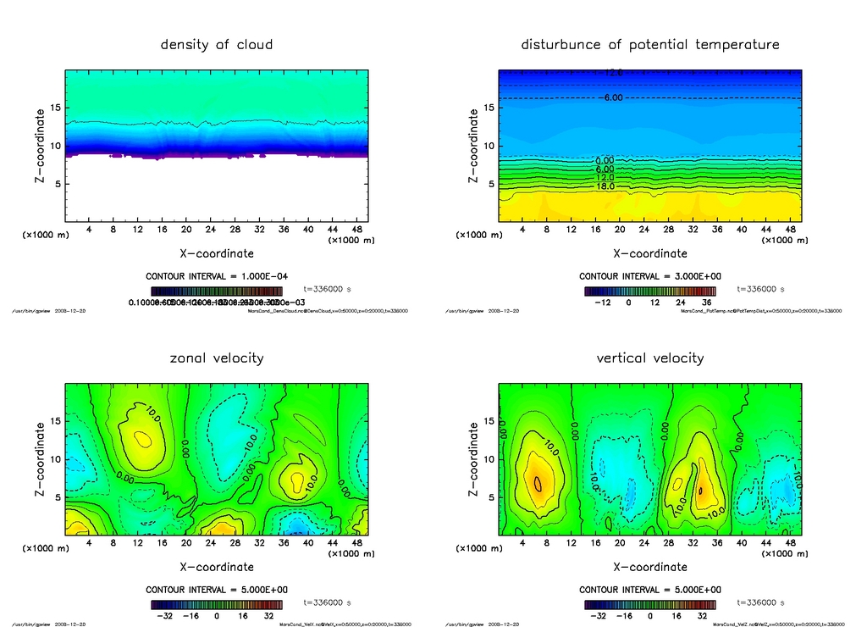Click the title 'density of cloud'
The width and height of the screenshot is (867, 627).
[x=217, y=44]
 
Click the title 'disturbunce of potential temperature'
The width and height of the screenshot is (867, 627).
[x=650, y=44]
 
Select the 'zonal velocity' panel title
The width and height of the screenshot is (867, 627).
[x=217, y=358]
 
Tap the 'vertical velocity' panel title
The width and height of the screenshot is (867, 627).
[x=650, y=358]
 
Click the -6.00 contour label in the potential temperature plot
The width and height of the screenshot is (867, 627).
[x=611, y=97]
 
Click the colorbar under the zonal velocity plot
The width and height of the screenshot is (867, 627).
[x=217, y=605]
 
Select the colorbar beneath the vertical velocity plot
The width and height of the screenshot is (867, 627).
[x=650, y=605]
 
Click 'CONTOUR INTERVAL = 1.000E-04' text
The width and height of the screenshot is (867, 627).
[x=217, y=276]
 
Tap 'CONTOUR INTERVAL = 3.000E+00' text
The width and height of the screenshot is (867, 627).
[x=650, y=276]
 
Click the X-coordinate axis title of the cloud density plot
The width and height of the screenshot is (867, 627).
[x=217, y=252]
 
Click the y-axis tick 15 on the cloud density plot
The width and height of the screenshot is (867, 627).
[x=56, y=108]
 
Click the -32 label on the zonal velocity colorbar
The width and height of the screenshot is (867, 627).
[x=167, y=616]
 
